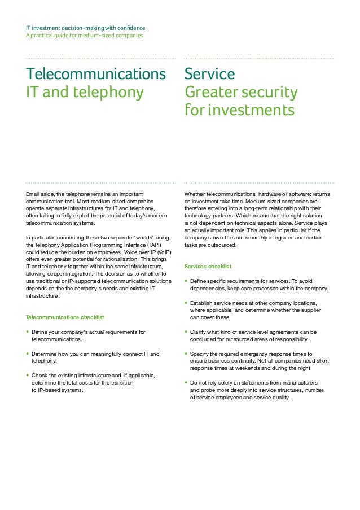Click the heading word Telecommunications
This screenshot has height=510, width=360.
96,74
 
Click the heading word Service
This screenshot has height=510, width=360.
209,74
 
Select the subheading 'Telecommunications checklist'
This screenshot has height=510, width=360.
65,317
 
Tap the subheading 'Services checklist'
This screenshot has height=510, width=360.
208,266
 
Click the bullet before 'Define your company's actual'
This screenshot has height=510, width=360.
28,332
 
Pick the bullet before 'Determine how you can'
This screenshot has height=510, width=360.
28,354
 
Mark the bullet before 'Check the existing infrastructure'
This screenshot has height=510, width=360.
28,375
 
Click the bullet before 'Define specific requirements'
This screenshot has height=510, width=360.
186,281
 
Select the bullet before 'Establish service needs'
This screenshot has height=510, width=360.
186,303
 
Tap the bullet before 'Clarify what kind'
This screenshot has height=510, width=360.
186,332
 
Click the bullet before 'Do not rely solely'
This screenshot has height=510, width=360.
186,383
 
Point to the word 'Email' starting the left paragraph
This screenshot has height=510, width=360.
33,194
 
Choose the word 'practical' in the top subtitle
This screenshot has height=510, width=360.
43,36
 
